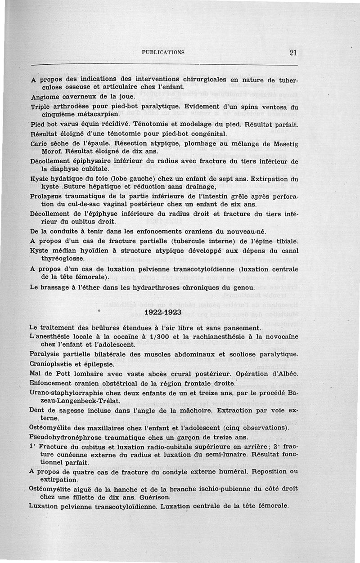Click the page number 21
(293, 52)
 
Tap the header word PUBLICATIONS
(163, 52)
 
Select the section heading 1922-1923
(163, 312)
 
